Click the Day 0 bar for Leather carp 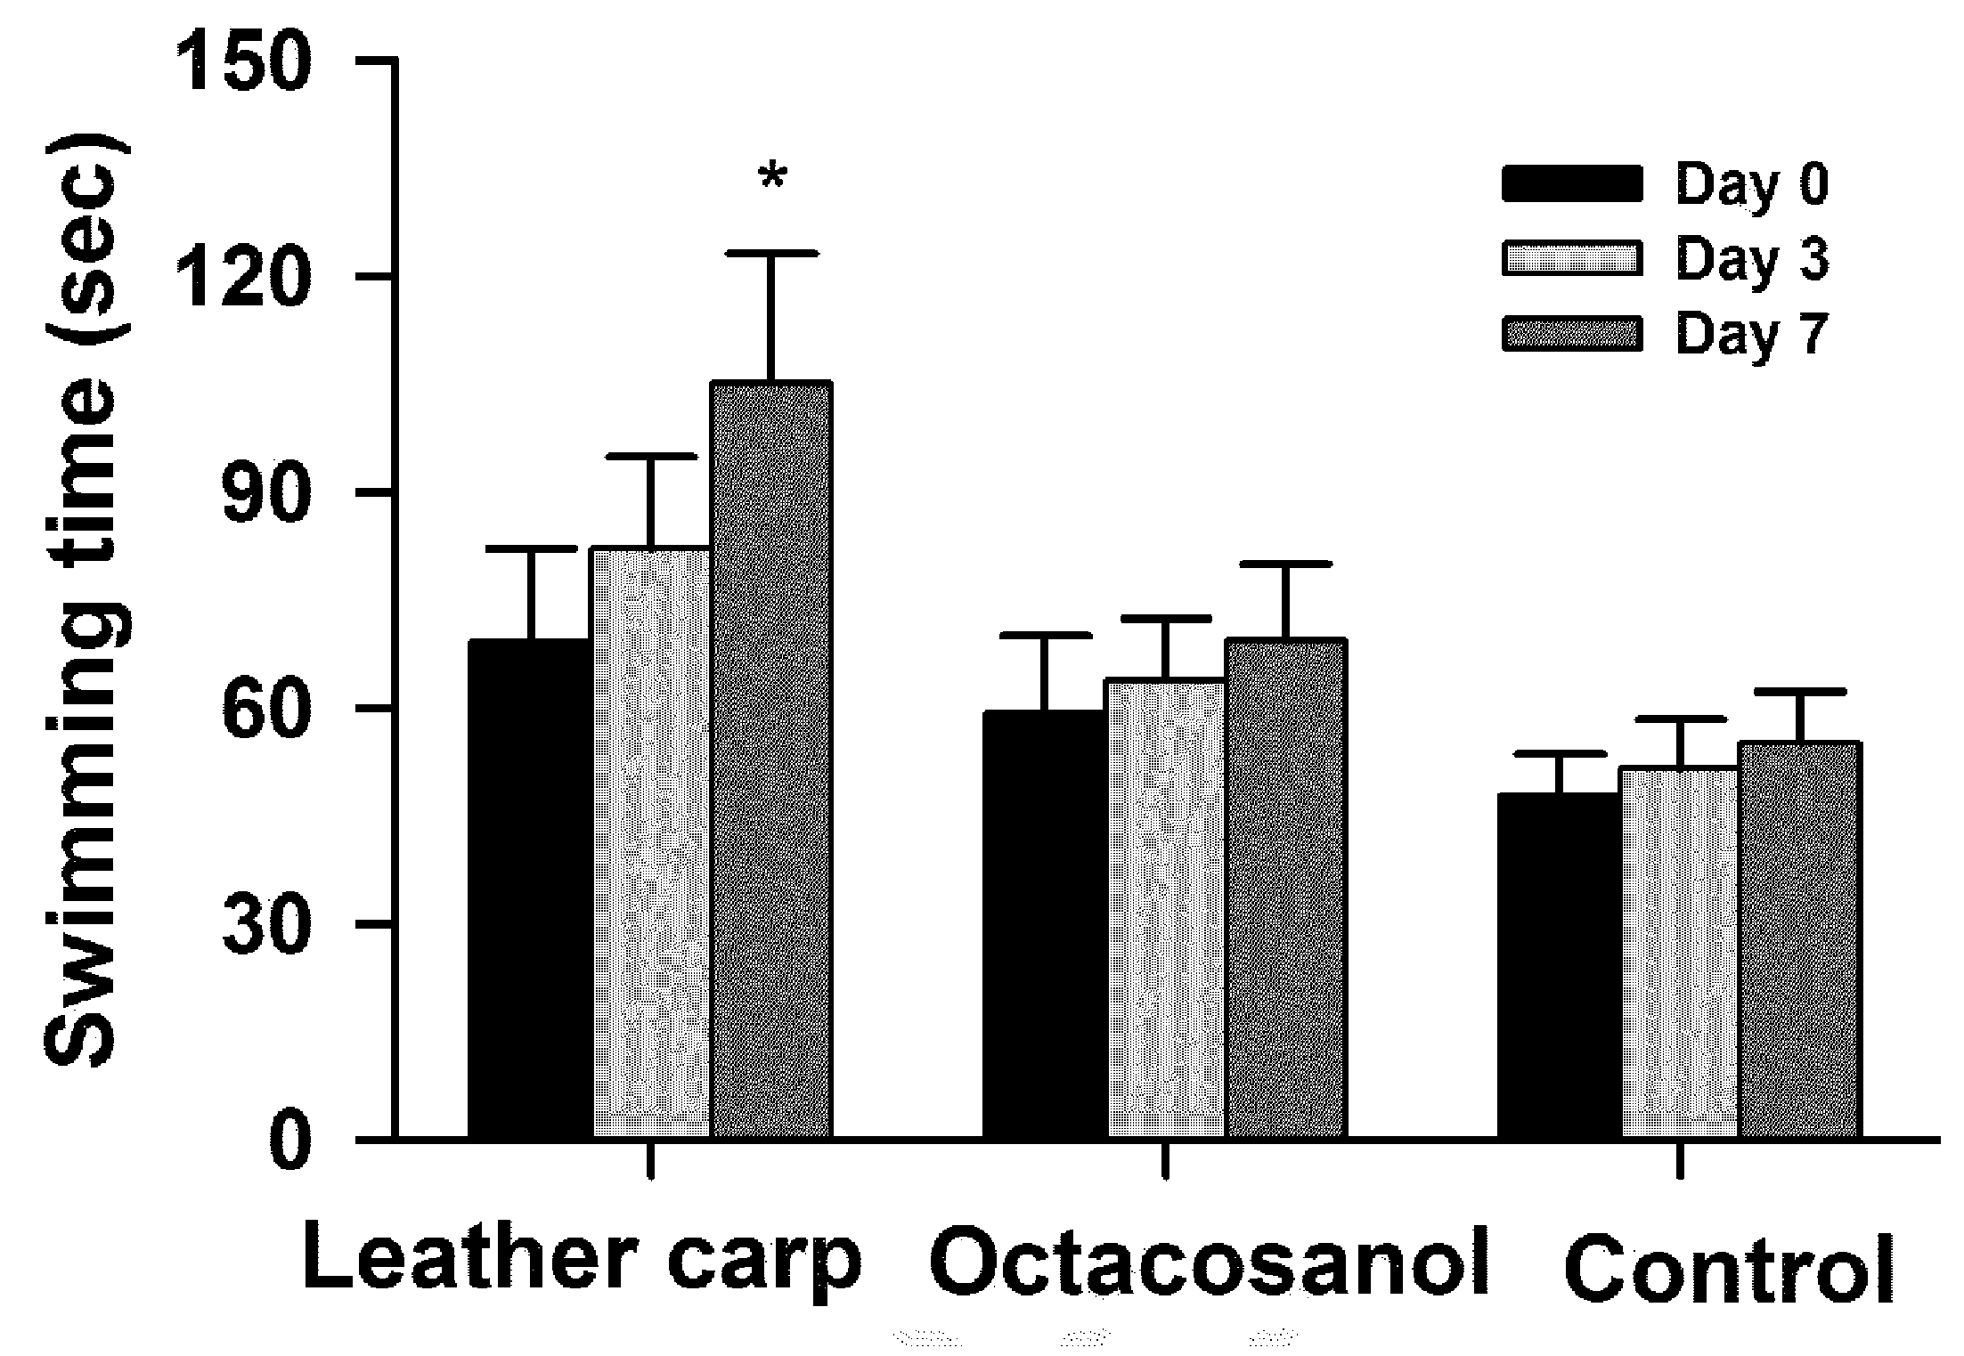(531, 888)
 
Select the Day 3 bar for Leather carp (651, 842)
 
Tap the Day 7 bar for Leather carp (771, 759)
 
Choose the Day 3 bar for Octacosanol (1166, 908)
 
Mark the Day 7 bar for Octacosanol (1285, 888)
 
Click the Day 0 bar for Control (1559, 965)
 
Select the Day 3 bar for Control (1679, 953)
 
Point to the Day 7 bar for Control (1799, 939)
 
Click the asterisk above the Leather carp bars (772, 176)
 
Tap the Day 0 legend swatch (1572, 183)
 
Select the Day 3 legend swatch (1572, 258)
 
